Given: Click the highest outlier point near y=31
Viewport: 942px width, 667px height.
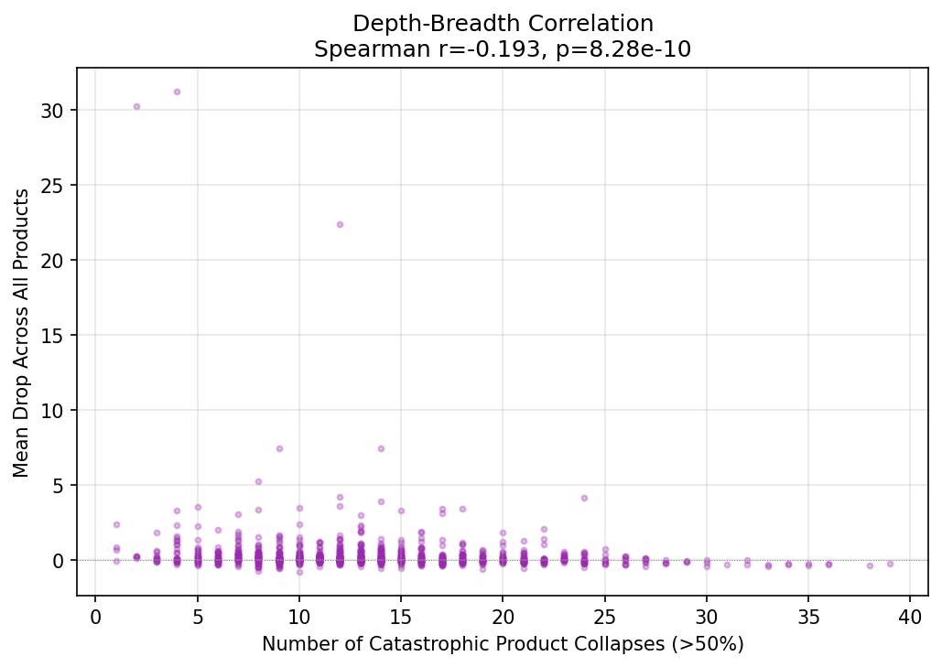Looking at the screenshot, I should pyautogui.click(x=177, y=91).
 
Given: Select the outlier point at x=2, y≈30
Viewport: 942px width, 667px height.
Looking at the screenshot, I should pyautogui.click(x=136, y=106).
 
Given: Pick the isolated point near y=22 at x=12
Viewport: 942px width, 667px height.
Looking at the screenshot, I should pyautogui.click(x=340, y=224).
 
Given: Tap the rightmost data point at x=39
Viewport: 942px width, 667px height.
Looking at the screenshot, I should pyautogui.click(x=890, y=564).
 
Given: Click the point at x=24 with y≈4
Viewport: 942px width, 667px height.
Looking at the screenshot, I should pyautogui.click(x=584, y=498).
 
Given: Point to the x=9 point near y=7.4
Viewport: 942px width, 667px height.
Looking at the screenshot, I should pyautogui.click(x=279, y=448).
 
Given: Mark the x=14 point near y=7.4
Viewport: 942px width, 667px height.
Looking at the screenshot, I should pyautogui.click(x=381, y=448).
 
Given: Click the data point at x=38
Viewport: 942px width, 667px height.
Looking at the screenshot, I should pyautogui.click(x=870, y=565).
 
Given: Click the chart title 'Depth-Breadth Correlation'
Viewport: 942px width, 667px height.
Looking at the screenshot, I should pyautogui.click(x=503, y=24).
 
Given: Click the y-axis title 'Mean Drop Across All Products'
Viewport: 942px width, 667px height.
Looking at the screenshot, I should pyautogui.click(x=21, y=332).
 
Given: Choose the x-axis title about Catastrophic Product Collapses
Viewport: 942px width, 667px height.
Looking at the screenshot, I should pyautogui.click(x=503, y=644).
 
